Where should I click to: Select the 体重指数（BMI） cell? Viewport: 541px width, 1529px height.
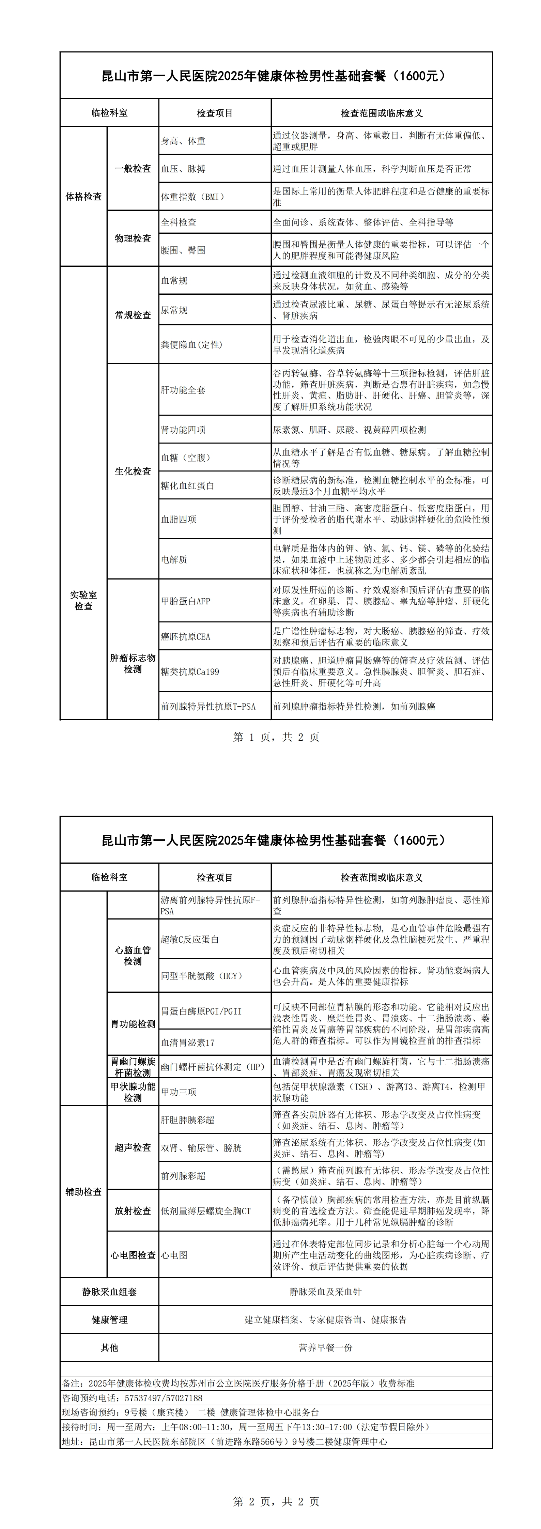[x=193, y=197]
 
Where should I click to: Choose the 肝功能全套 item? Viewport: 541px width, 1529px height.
[x=184, y=390]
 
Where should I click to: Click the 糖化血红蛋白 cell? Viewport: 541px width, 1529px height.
[x=188, y=485]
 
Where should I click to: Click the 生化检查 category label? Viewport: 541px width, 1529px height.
[x=133, y=471]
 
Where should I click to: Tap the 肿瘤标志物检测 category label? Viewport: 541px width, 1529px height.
[x=133, y=664]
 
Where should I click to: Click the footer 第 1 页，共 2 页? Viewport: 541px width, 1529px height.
[x=276, y=737]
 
